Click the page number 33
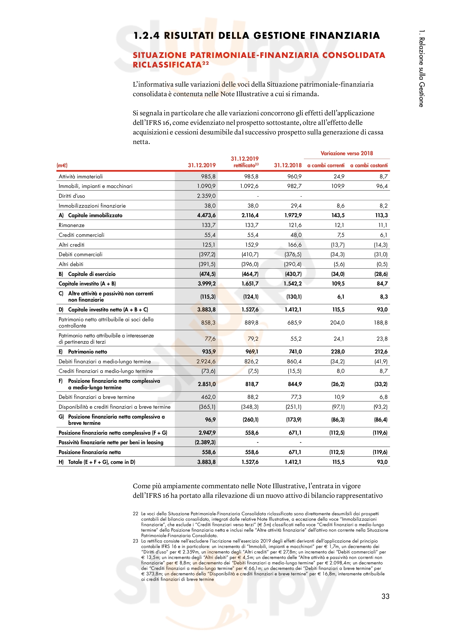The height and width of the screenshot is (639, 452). pos(385,596)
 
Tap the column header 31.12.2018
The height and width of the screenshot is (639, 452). pos(287,165)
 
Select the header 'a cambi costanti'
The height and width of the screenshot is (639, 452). pos(368,165)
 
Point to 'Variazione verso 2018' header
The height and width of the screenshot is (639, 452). pos(347,153)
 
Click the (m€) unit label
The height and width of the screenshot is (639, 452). pos(62,165)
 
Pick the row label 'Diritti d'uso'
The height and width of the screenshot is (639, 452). pos(72,196)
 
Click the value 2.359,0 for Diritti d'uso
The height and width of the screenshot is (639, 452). pos(206,196)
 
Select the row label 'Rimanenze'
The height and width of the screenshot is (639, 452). pos(72,225)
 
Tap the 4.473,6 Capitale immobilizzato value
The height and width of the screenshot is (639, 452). pos(206,215)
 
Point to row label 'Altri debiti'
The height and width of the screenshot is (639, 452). pos(71,264)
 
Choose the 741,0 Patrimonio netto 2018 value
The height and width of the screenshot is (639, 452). pos(295,352)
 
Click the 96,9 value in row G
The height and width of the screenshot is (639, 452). pos(210,419)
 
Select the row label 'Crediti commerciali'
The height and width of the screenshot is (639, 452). pos(81,235)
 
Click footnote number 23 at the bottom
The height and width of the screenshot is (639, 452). pos(135,541)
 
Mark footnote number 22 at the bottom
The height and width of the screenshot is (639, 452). pos(135,514)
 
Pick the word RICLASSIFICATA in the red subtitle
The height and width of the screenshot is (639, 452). pos(167,65)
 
